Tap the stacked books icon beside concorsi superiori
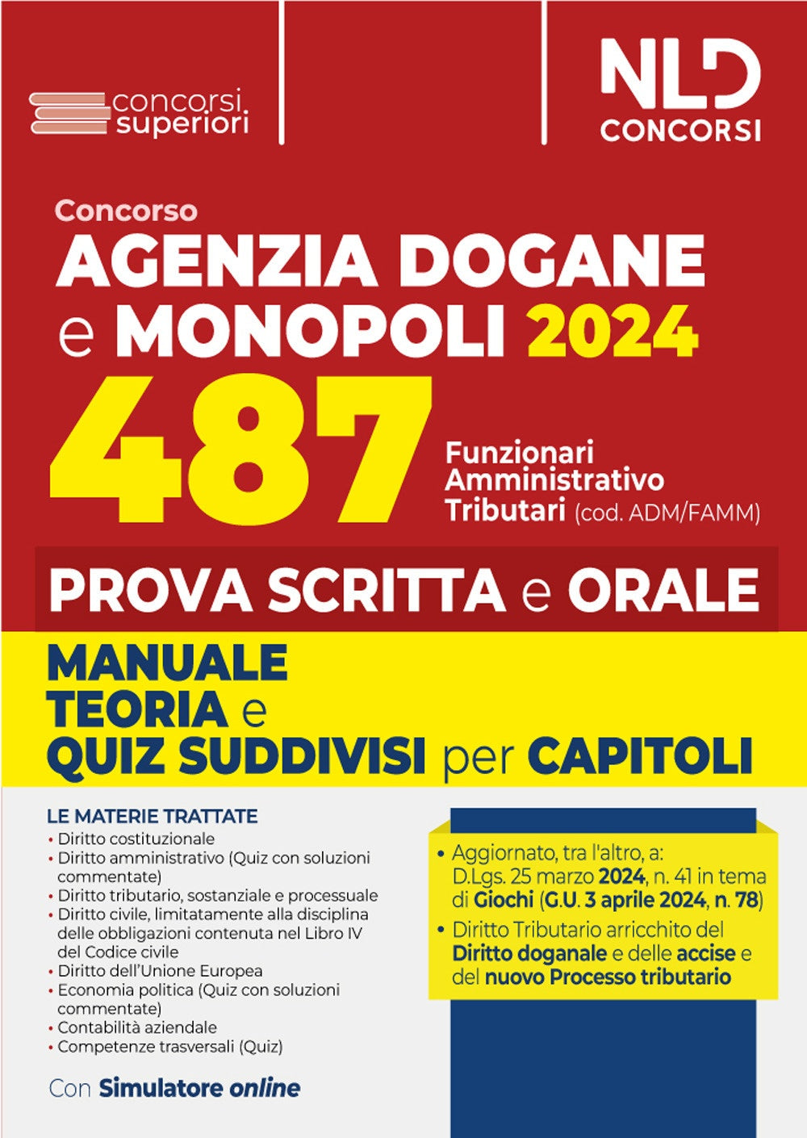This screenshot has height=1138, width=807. (x=69, y=114)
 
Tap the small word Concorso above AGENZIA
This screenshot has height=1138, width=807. (x=126, y=211)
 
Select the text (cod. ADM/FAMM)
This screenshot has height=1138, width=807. (x=667, y=513)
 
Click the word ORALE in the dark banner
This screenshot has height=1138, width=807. (x=663, y=589)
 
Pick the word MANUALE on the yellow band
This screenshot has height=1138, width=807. (x=168, y=663)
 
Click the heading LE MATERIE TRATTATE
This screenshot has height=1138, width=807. (x=153, y=816)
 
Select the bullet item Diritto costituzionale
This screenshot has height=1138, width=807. (x=136, y=838)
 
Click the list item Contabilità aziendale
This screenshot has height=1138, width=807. (x=136, y=1027)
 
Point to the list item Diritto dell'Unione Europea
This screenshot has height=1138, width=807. (x=160, y=970)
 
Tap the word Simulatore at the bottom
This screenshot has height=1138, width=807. (x=161, y=1087)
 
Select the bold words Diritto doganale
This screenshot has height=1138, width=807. (x=529, y=953)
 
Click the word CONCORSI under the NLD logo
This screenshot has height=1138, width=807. (x=679, y=129)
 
